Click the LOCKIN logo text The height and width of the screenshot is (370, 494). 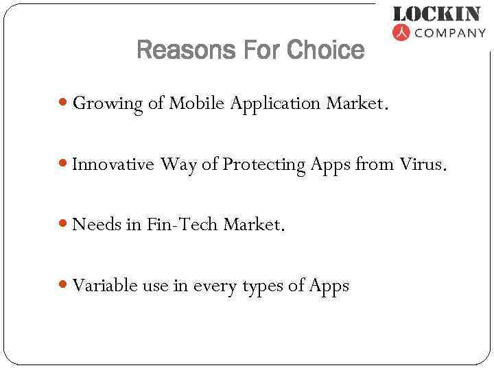coord(436,14)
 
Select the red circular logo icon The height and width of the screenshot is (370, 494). coord(401,32)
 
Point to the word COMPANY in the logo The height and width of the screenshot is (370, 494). coord(450,32)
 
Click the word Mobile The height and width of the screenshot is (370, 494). coord(198,103)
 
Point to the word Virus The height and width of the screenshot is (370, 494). coord(423,164)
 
